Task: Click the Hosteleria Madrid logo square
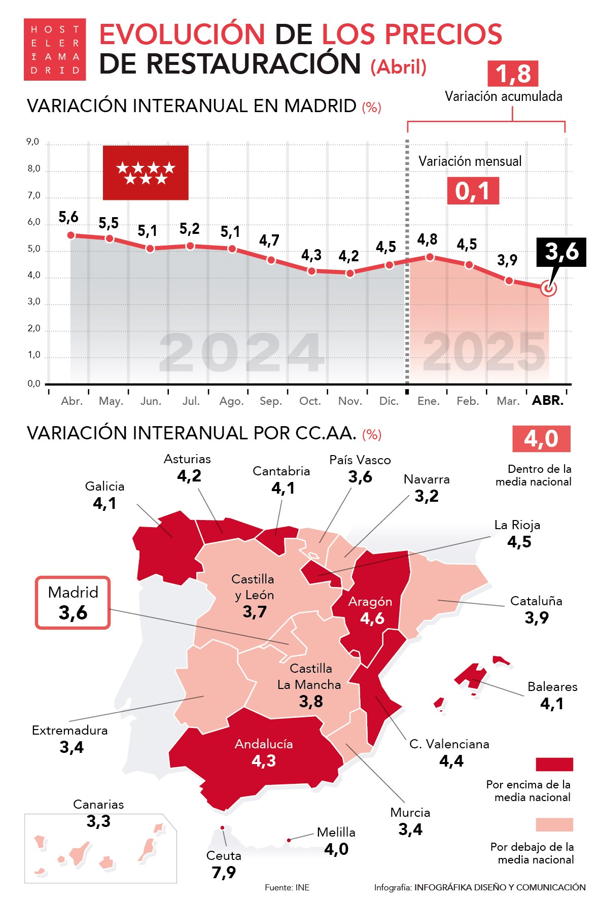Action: tap(55, 49)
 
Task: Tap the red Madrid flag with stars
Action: tap(146, 172)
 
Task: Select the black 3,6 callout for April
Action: tap(561, 252)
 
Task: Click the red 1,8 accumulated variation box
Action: tap(512, 74)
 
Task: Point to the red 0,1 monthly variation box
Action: tap(473, 191)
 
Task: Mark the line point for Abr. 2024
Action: tap(71, 235)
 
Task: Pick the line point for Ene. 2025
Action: tap(430, 257)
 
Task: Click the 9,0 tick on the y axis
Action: tap(33, 142)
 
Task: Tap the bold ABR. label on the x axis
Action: tap(548, 401)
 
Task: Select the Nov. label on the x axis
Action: tap(350, 401)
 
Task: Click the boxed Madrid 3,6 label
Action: tap(73, 603)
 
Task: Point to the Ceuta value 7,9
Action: tap(224, 873)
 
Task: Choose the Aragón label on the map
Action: tap(370, 602)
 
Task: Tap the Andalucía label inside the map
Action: tap(264, 744)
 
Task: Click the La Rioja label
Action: tap(517, 525)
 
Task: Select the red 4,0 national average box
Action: tap(541, 439)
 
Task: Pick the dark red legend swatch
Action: tap(554, 764)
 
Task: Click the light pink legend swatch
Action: tap(554, 824)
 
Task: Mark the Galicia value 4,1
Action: tap(105, 503)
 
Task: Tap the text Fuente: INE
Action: tap(287, 887)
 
